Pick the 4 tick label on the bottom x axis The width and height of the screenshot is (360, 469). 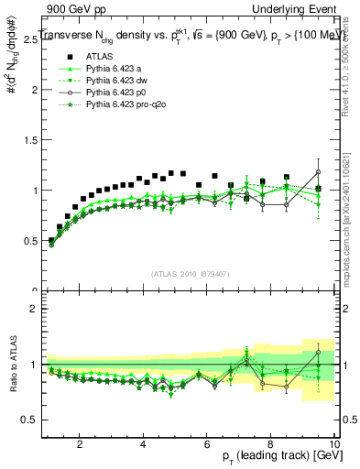click(143, 443)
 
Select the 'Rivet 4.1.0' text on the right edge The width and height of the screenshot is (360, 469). click(353, 69)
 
